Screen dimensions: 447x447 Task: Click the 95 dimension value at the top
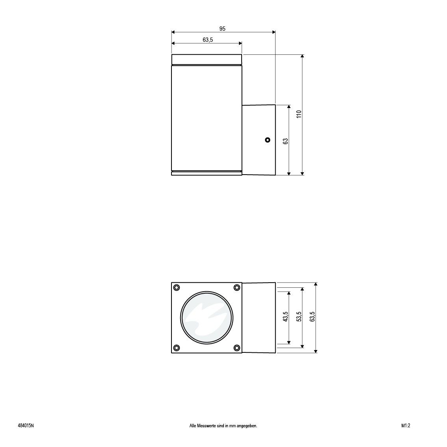(x=222, y=29)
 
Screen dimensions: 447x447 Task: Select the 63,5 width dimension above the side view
(x=208, y=39)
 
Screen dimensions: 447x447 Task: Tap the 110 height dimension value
(x=299, y=114)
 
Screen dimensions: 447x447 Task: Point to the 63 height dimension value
(x=286, y=141)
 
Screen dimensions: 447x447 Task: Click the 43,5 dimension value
(x=286, y=317)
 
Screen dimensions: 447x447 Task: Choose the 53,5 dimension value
(x=299, y=317)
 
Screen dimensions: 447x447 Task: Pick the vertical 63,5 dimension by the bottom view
(x=312, y=317)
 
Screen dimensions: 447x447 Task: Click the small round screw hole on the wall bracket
(x=268, y=140)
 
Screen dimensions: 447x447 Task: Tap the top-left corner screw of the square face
(x=177, y=287)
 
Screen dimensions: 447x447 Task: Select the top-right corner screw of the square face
(x=237, y=287)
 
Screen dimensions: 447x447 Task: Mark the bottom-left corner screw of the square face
(x=177, y=347)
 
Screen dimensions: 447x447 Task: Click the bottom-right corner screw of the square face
(x=237, y=347)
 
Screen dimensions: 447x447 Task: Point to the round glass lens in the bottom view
(x=207, y=317)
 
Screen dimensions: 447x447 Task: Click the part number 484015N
(x=26, y=426)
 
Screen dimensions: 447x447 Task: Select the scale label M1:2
(x=406, y=426)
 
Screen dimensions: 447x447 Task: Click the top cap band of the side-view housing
(x=207, y=59)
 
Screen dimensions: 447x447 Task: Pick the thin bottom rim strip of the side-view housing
(x=207, y=173)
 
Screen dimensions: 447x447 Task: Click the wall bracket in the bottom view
(x=259, y=317)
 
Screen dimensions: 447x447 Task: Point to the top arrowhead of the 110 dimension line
(x=302, y=57)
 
